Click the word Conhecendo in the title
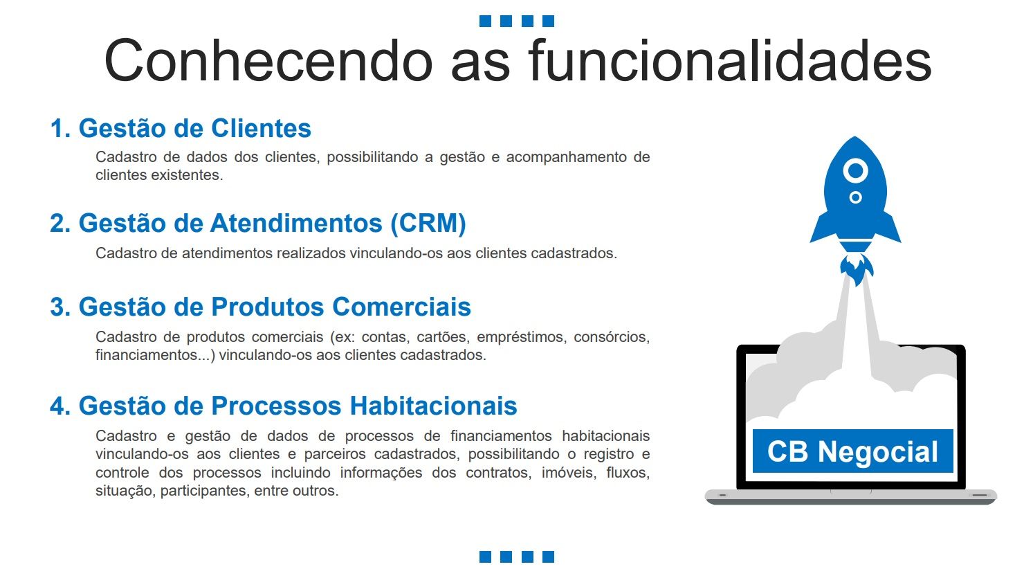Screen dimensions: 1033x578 click(x=268, y=60)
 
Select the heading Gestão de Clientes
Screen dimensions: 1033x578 click(x=194, y=128)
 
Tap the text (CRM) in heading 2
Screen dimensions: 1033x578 click(x=428, y=224)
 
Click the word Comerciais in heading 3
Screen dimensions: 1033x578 click(x=401, y=307)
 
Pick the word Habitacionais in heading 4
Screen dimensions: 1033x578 click(x=433, y=406)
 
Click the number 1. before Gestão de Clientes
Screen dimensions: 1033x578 click(x=60, y=128)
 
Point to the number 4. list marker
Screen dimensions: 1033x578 click(x=60, y=406)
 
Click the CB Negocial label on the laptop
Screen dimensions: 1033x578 click(x=852, y=451)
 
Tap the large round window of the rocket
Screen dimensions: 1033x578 click(x=855, y=171)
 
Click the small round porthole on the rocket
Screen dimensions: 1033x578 click(x=855, y=197)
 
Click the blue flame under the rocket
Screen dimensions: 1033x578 click(x=856, y=269)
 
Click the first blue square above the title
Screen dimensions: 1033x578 click(x=485, y=21)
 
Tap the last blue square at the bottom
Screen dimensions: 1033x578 click(x=548, y=557)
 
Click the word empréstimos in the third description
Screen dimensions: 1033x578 click(x=520, y=337)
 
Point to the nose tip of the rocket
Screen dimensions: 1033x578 click(x=855, y=137)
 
